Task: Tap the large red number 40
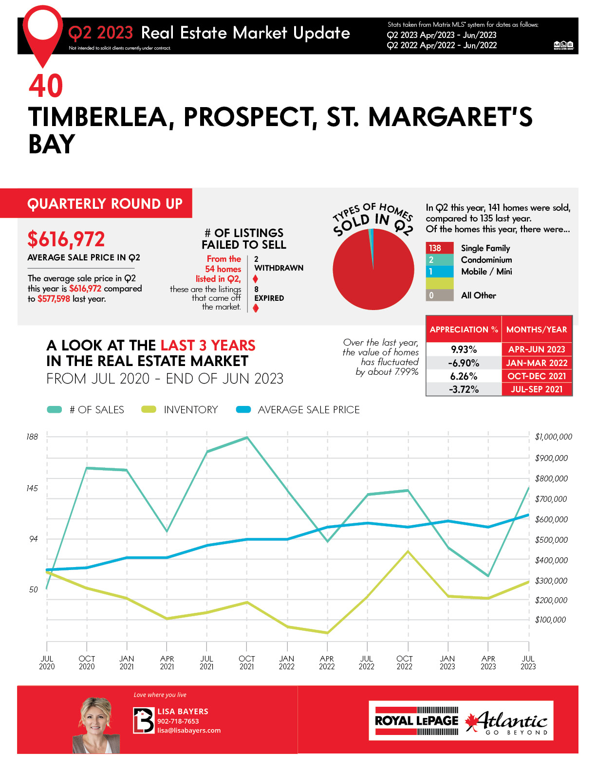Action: [x=46, y=86]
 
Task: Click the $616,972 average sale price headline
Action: [x=66, y=239]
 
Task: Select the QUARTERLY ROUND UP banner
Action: [x=105, y=203]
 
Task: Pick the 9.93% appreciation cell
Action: [x=464, y=349]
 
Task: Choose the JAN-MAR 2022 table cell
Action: [x=537, y=363]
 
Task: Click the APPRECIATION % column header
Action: [x=464, y=330]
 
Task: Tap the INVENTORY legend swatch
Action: [x=149, y=410]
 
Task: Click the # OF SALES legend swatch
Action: [x=55, y=410]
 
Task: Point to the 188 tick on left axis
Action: [x=32, y=437]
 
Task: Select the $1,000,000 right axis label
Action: [x=553, y=437]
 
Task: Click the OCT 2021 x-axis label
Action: [x=247, y=662]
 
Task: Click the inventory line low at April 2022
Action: [x=327, y=633]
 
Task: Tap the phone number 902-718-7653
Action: [x=178, y=721]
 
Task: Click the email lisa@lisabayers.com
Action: [x=189, y=731]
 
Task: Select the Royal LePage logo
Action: [x=416, y=721]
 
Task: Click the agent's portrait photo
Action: [x=95, y=725]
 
